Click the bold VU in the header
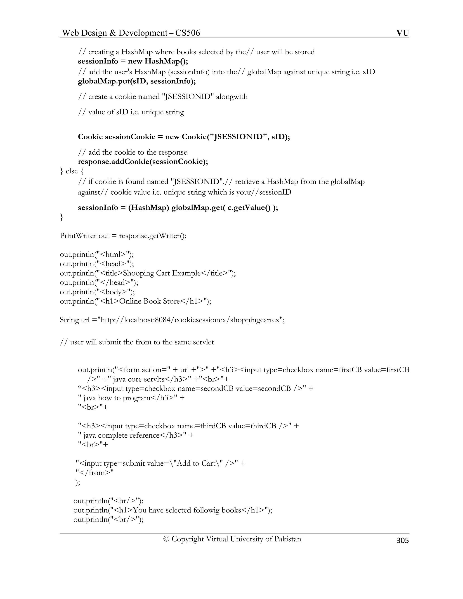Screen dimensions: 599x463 coord(402,33)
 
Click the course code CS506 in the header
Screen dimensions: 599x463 coord(188,33)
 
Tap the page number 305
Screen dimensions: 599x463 coord(402,540)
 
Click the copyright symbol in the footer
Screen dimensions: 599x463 coord(166,539)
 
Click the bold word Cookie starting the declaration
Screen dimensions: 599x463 coord(90,137)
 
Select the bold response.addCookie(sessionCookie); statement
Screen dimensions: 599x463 coord(143,162)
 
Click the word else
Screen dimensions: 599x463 coord(72,171)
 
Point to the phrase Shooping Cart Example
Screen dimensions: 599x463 coord(162,273)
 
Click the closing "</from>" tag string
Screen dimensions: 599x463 coord(95,473)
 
